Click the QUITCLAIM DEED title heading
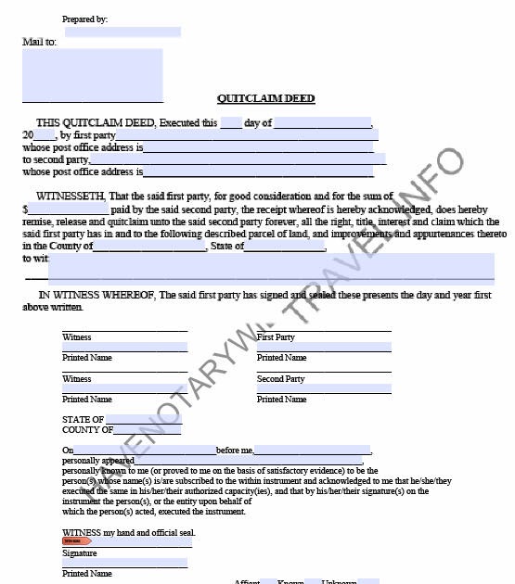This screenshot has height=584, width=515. click(265, 98)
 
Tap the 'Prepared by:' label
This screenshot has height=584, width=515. click(84, 19)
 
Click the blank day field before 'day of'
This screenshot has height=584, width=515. click(231, 122)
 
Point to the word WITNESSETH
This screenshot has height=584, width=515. click(71, 197)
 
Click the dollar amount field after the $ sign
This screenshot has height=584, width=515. click(68, 209)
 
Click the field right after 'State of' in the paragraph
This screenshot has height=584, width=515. click(285, 246)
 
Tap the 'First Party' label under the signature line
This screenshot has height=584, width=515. click(276, 337)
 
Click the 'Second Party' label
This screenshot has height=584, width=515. click(280, 379)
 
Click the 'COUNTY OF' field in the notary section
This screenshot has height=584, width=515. click(148, 430)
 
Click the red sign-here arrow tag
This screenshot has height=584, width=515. click(76, 541)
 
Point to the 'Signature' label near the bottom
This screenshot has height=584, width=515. click(79, 553)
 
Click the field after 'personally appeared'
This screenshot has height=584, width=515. click(248, 460)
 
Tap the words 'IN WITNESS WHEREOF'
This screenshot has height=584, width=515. click(97, 295)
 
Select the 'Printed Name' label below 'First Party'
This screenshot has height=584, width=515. click(281, 358)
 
